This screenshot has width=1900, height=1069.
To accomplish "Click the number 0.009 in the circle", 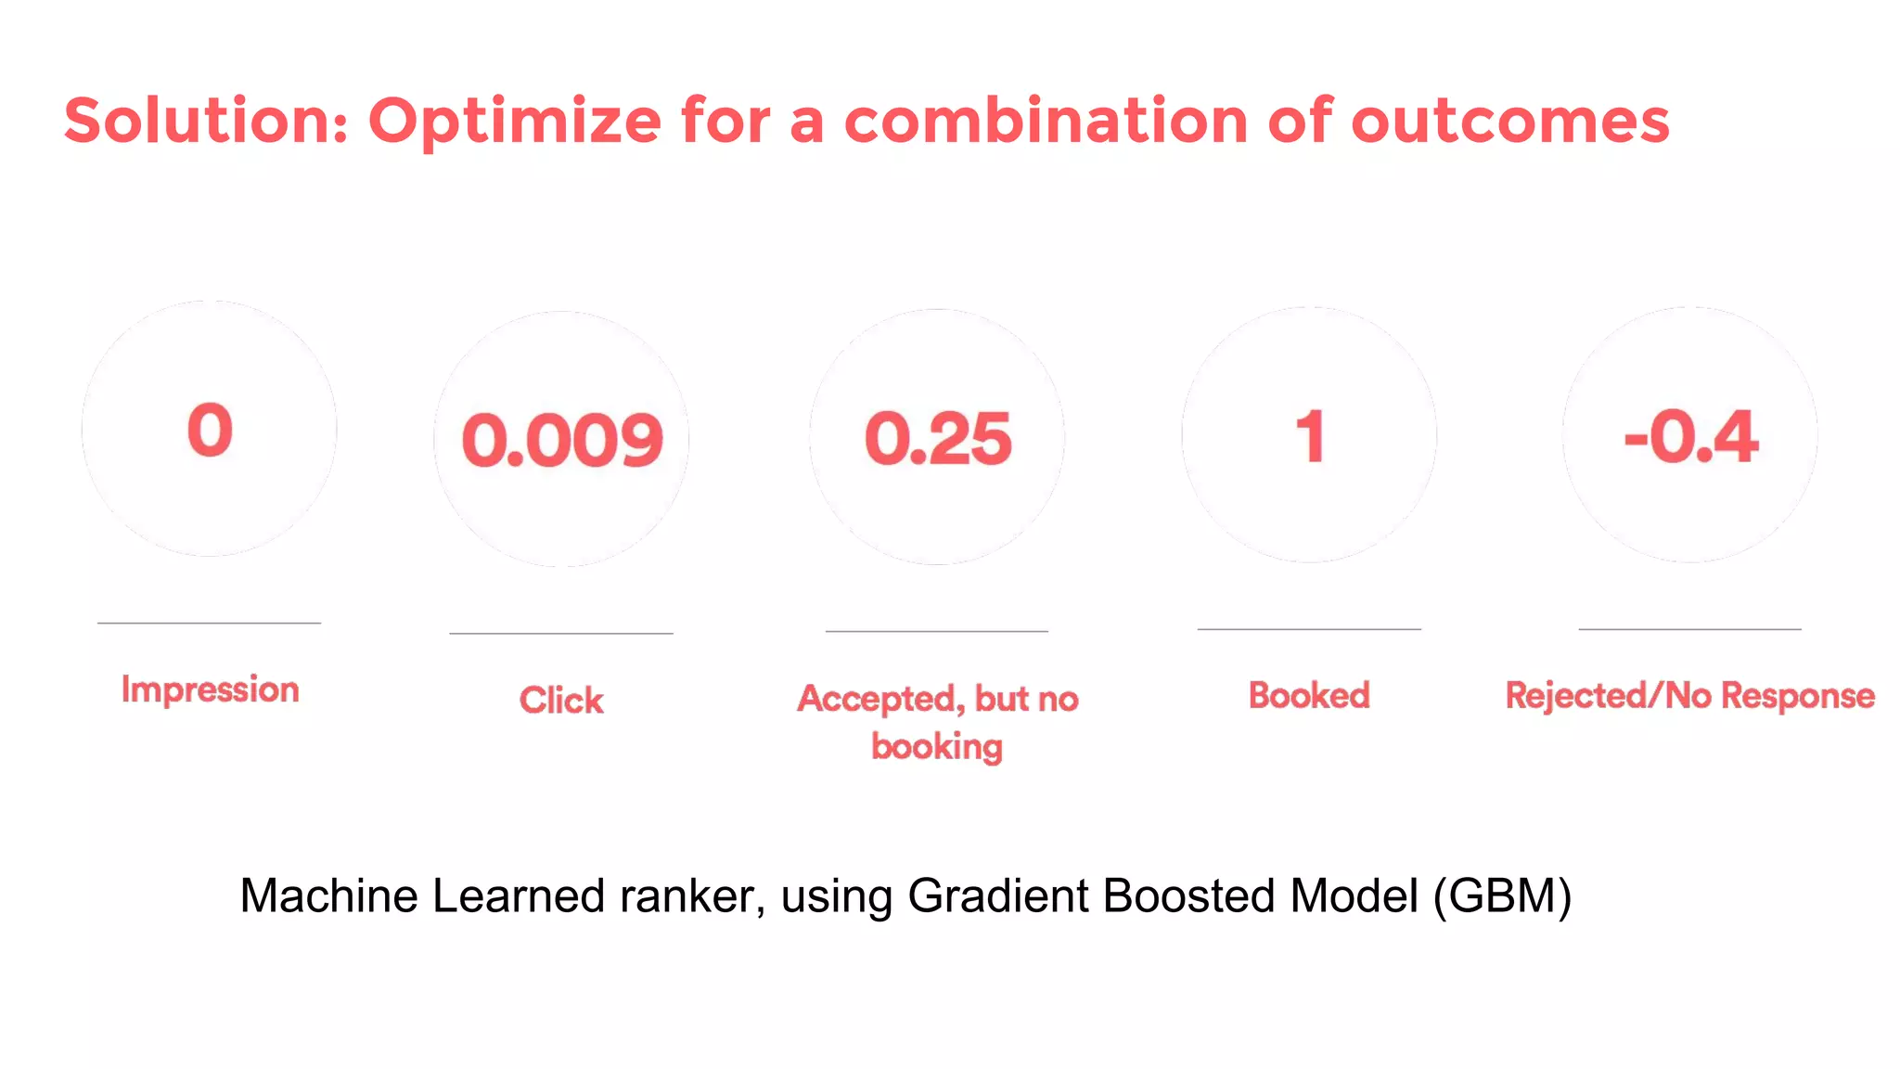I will click(562, 440).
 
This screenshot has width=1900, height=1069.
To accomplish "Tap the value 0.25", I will click(938, 438).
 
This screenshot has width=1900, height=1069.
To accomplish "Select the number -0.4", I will click(1690, 436).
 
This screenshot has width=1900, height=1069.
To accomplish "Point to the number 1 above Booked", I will click(1310, 436).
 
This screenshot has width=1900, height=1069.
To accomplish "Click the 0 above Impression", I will click(210, 430).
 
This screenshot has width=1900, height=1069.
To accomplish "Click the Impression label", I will click(211, 689).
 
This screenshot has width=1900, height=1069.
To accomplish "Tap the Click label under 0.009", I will click(561, 700).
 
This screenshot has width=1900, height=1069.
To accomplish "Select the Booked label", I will click(1309, 695).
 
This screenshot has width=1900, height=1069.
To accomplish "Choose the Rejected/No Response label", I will click(1689, 695).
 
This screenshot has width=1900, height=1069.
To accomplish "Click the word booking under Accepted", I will click(937, 747).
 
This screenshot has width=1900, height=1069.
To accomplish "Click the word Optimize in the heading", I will click(515, 121).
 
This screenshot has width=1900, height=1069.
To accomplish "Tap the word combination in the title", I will click(1046, 121).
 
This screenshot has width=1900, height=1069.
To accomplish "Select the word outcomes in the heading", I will click(1510, 121).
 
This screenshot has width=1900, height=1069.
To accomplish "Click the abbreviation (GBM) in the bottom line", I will click(1502, 896).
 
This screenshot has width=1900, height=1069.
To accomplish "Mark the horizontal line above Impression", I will click(210, 623).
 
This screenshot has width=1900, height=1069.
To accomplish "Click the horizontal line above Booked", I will click(1309, 629).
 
